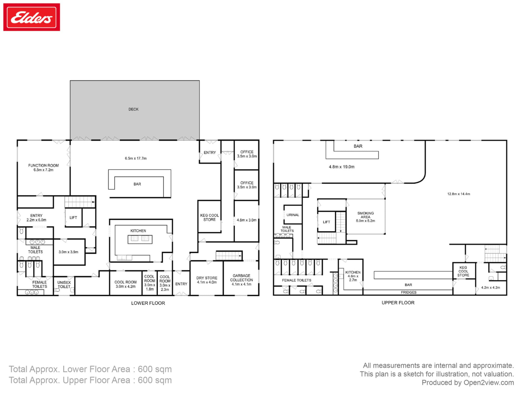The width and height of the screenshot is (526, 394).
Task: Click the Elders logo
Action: click(32, 17)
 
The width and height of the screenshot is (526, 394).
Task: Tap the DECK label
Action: click(133, 109)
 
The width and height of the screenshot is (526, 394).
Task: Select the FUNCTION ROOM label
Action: click(43, 165)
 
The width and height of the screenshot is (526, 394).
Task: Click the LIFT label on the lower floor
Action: click(73, 218)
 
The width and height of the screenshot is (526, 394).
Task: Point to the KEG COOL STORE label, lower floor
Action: click(209, 218)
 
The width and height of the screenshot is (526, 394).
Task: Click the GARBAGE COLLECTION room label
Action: click(242, 278)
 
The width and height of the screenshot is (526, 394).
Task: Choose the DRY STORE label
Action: click(207, 278)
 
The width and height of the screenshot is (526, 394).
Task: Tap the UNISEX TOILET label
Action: click(64, 284)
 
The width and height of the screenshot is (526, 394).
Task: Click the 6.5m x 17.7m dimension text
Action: click(136, 158)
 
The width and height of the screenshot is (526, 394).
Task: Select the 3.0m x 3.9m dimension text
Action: click(68, 252)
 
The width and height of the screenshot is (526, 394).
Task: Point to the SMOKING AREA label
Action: click(366, 215)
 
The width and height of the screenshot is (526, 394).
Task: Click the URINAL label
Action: click(293, 215)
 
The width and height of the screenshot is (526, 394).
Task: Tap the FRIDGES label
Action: click(409, 292)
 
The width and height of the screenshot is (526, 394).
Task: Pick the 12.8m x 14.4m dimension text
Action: click(459, 194)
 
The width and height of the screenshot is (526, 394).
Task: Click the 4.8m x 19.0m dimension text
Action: click(342, 167)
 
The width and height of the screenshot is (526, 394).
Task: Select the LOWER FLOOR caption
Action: click(148, 303)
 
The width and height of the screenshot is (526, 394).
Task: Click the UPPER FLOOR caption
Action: click(398, 302)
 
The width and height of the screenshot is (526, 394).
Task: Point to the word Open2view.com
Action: click(489, 382)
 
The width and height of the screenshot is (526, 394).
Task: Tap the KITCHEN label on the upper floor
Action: click(353, 272)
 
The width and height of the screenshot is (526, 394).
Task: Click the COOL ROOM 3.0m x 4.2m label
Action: click(125, 284)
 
